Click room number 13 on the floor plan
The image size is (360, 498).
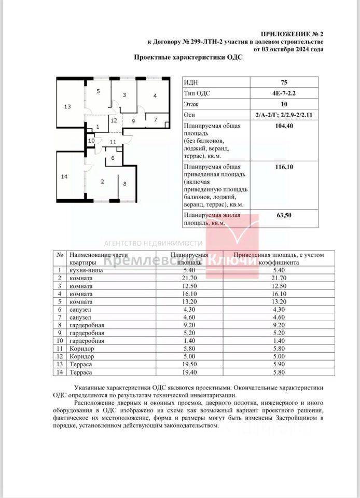tap(67, 107)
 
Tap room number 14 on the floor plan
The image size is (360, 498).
tap(64, 177)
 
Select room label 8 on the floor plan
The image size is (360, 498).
tap(124, 184)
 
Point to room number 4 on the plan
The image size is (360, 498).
tap(155, 96)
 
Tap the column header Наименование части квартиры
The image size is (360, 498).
tap(98, 259)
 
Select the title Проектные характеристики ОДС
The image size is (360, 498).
tap(188, 58)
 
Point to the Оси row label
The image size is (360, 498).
tap(190, 115)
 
